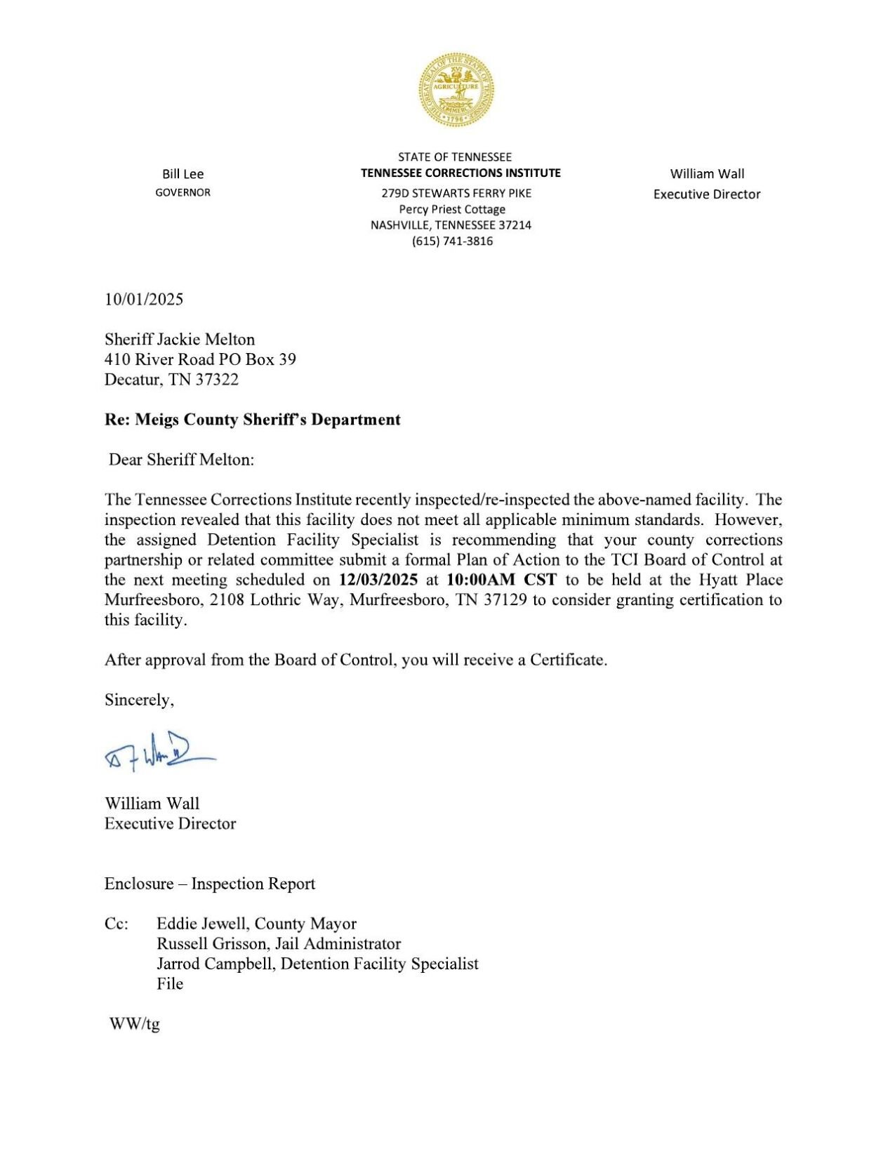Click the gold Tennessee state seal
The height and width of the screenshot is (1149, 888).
pyautogui.click(x=456, y=90)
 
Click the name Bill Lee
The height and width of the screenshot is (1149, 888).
pyautogui.click(x=183, y=174)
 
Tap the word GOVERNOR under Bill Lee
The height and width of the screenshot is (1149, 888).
pyautogui.click(x=183, y=192)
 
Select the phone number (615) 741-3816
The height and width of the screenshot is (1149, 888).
pyautogui.click(x=452, y=241)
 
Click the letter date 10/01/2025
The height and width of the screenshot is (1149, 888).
pyautogui.click(x=144, y=300)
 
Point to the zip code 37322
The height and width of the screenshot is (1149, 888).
pyautogui.click(x=217, y=380)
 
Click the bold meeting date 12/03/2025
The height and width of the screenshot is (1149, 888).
pyautogui.click(x=378, y=580)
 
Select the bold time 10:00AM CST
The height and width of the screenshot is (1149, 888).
pyautogui.click(x=501, y=580)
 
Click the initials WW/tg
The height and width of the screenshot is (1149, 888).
pyautogui.click(x=134, y=1024)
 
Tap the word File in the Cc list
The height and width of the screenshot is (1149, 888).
pyautogui.click(x=170, y=984)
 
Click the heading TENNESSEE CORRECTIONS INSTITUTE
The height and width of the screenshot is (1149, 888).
pyautogui.click(x=460, y=173)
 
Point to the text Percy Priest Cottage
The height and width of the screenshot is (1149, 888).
pyautogui.click(x=452, y=209)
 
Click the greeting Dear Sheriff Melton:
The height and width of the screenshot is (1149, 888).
pyautogui.click(x=181, y=460)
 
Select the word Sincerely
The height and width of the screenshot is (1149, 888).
pyautogui.click(x=138, y=700)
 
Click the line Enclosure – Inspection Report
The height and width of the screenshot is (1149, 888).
pyautogui.click(x=210, y=884)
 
